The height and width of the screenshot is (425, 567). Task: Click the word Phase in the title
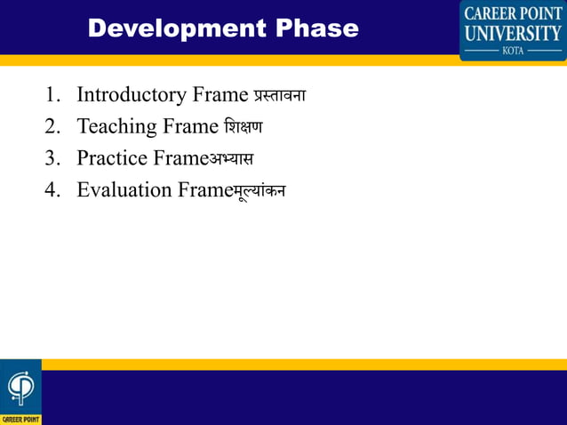[316, 28]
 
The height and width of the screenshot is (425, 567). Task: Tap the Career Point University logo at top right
[513, 30]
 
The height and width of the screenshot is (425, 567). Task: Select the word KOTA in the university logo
[513, 51]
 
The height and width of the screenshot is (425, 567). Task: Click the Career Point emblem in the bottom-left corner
[20, 390]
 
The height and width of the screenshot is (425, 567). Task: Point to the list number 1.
[52, 95]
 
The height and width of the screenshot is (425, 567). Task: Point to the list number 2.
[52, 127]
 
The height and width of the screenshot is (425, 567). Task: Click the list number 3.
[52, 159]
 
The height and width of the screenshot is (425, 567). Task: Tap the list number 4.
[52, 191]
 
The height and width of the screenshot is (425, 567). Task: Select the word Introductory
[132, 95]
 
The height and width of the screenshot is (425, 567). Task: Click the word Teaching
[116, 127]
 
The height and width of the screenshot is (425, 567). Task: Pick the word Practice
[112, 159]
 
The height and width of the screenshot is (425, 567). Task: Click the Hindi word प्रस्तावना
[279, 95]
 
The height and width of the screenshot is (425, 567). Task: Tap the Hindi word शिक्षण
[243, 127]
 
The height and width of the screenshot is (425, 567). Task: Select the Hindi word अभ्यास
[231, 159]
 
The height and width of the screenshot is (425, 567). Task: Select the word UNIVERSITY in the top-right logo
[513, 34]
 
